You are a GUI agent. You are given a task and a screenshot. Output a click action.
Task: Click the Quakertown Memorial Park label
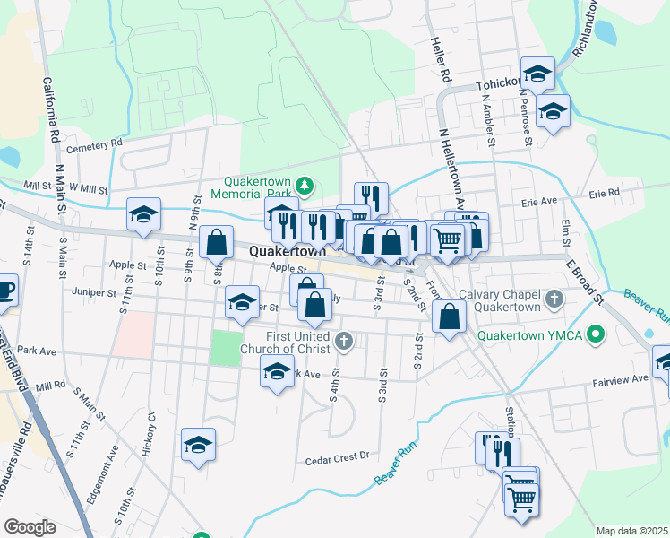[253, 186]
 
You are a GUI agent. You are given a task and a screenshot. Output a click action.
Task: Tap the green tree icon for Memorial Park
[305, 185]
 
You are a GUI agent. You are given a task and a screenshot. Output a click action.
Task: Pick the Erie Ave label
[540, 203]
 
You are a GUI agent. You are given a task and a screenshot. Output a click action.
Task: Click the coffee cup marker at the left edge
[4, 291]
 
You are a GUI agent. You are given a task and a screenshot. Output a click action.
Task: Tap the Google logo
[30, 527]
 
